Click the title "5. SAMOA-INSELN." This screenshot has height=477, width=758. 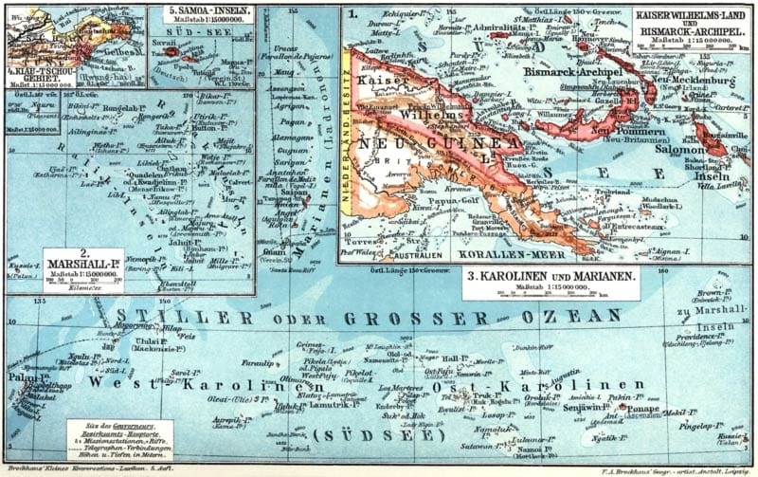point(201,14)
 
